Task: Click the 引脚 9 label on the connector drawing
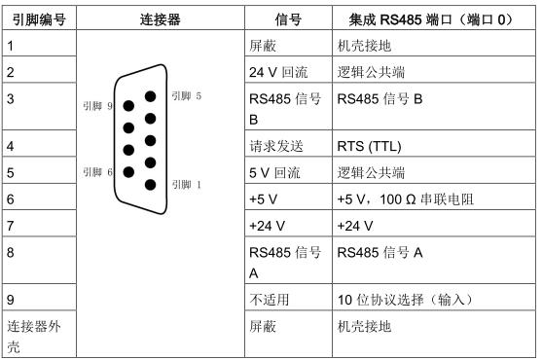tap(103, 105)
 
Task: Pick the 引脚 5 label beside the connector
tap(186, 95)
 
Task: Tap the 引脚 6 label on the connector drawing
tap(103, 171)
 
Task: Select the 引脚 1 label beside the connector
tap(186, 183)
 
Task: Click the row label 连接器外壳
tap(31, 334)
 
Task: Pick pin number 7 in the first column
tap(11, 224)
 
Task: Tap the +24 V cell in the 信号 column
tap(269, 224)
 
